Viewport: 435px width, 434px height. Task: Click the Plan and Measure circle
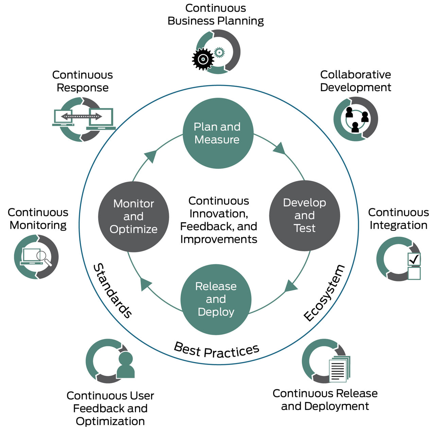coord(218,133)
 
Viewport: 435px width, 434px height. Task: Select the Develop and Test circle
coord(304,215)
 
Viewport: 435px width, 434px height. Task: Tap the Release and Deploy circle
coord(216,299)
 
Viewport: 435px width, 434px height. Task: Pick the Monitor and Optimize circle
coord(134,216)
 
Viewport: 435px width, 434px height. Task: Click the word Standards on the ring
coord(112,291)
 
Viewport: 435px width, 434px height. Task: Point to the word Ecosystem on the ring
coord(324,293)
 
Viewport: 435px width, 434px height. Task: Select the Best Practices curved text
coord(216,350)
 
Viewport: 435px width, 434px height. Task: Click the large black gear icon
coord(203,59)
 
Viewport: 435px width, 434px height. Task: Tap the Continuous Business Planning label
coord(216,14)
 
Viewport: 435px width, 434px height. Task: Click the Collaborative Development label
coord(355,81)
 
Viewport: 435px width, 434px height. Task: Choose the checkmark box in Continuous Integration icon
coord(414,260)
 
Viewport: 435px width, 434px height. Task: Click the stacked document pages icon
coord(339,369)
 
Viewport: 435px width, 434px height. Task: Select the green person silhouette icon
coord(126,365)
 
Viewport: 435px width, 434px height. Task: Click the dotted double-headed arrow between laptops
coord(82,117)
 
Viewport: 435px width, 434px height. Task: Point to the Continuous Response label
coord(83,81)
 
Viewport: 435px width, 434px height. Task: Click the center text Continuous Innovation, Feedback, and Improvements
coord(219,220)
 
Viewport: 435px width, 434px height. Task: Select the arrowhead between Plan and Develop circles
coord(280,149)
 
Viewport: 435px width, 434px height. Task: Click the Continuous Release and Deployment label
coord(325,400)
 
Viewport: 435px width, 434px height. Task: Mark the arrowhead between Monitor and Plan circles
coord(151,156)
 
